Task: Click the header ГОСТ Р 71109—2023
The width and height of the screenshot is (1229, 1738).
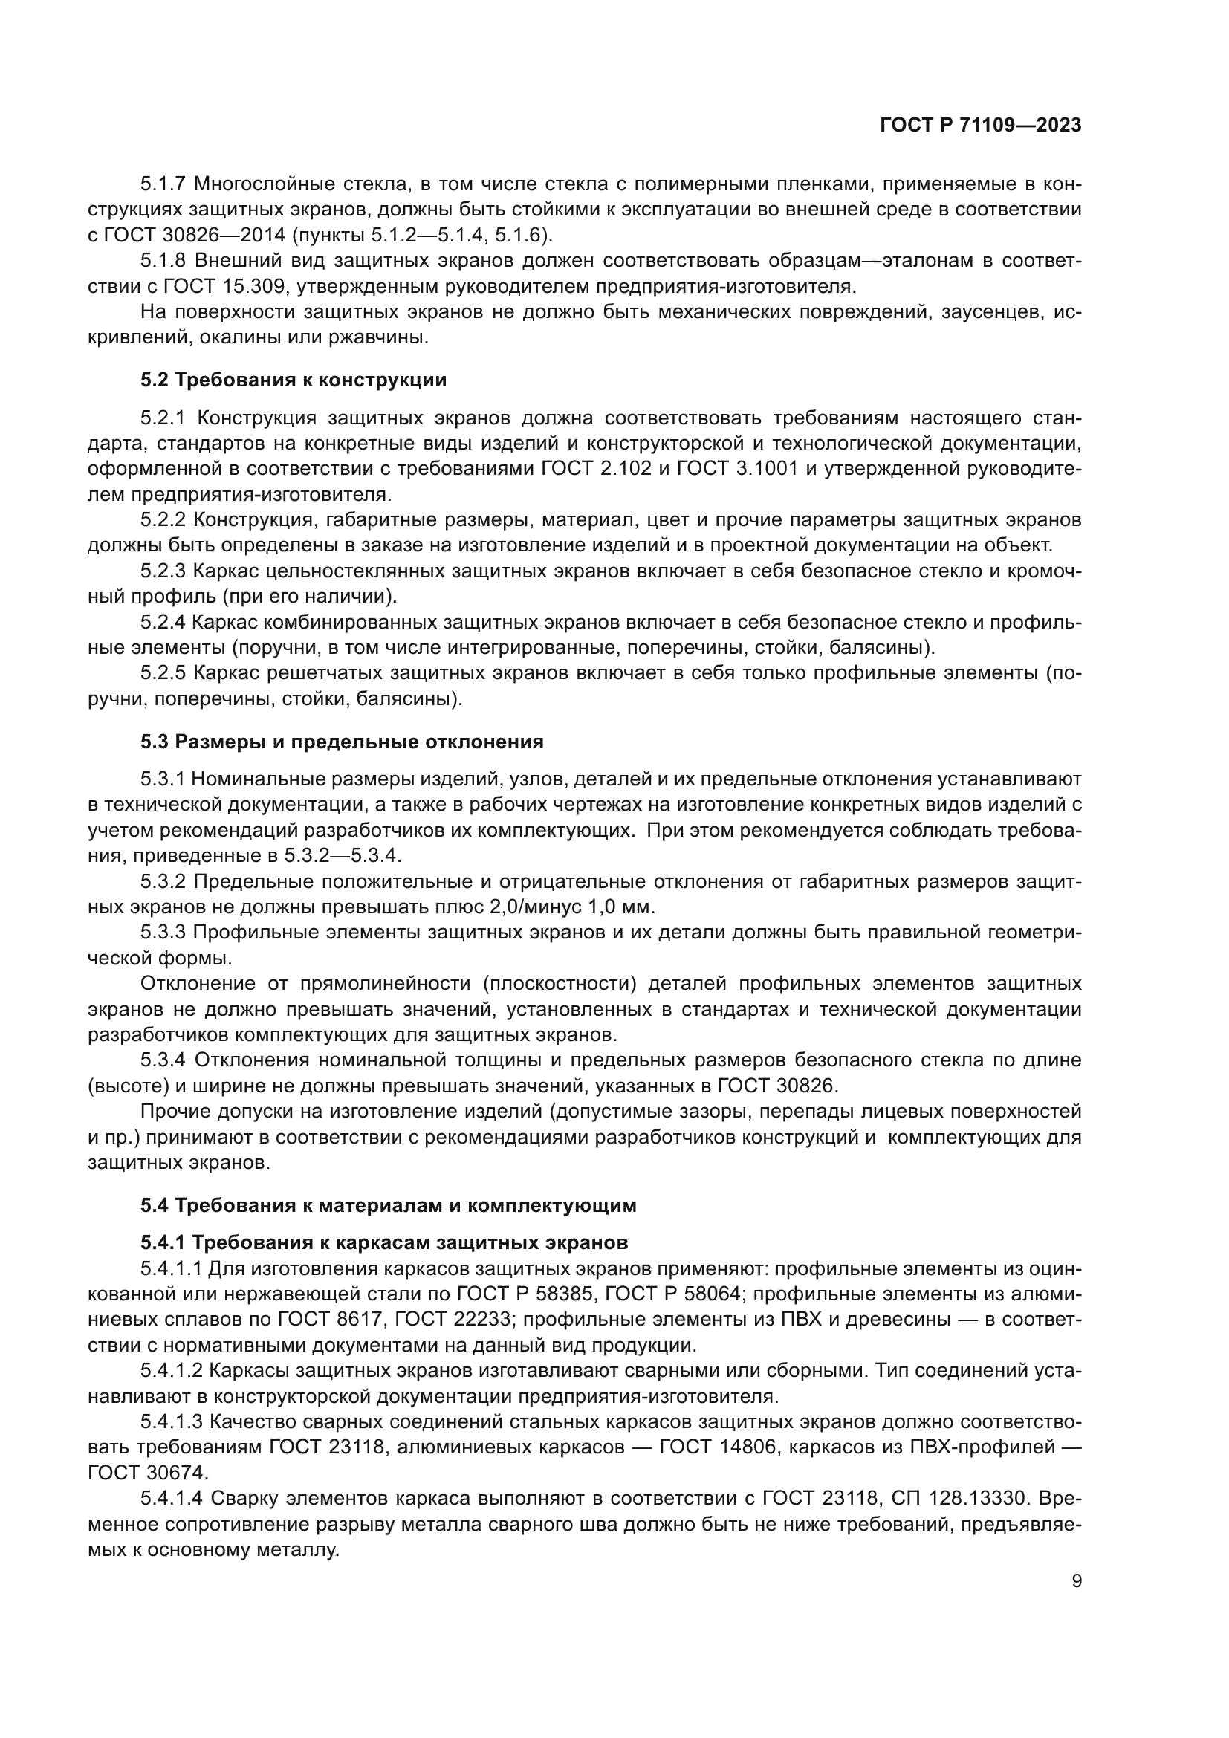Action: coord(980,126)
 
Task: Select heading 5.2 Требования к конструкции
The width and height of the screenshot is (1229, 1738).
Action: coord(293,380)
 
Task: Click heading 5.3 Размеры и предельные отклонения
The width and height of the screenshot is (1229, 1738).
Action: coord(341,741)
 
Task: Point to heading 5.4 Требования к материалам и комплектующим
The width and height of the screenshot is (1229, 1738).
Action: coord(387,1205)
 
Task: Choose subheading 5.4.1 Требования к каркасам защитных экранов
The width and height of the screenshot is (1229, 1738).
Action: coord(383,1243)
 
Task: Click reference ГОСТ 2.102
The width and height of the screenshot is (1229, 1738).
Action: coord(597,469)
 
